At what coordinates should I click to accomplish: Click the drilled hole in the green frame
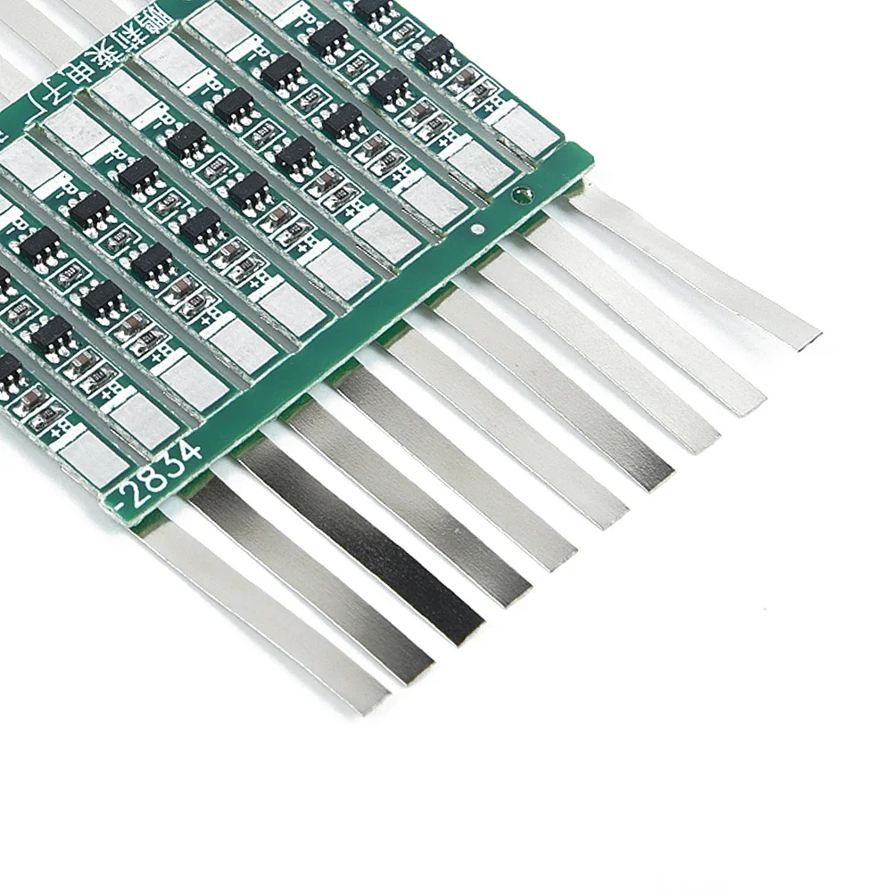point(524,194)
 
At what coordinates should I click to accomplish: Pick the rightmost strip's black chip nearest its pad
point(434,53)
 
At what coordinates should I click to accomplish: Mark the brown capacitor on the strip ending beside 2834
point(32,402)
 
